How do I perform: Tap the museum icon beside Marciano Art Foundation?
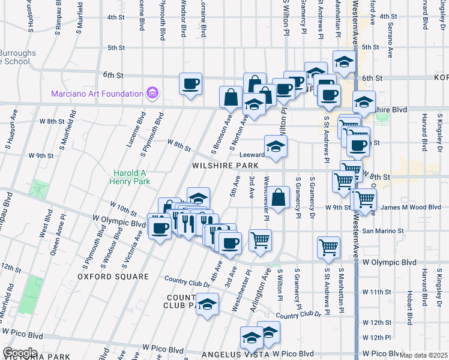pos(152,93)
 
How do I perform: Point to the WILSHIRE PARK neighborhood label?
pos(225,165)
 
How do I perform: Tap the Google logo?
pos(19,353)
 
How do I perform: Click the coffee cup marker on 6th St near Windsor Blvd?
pos(190,84)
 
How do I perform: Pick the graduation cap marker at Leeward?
pos(276,146)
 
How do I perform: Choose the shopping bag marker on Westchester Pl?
pos(279,198)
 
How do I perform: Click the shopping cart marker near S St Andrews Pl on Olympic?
pos(329,247)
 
